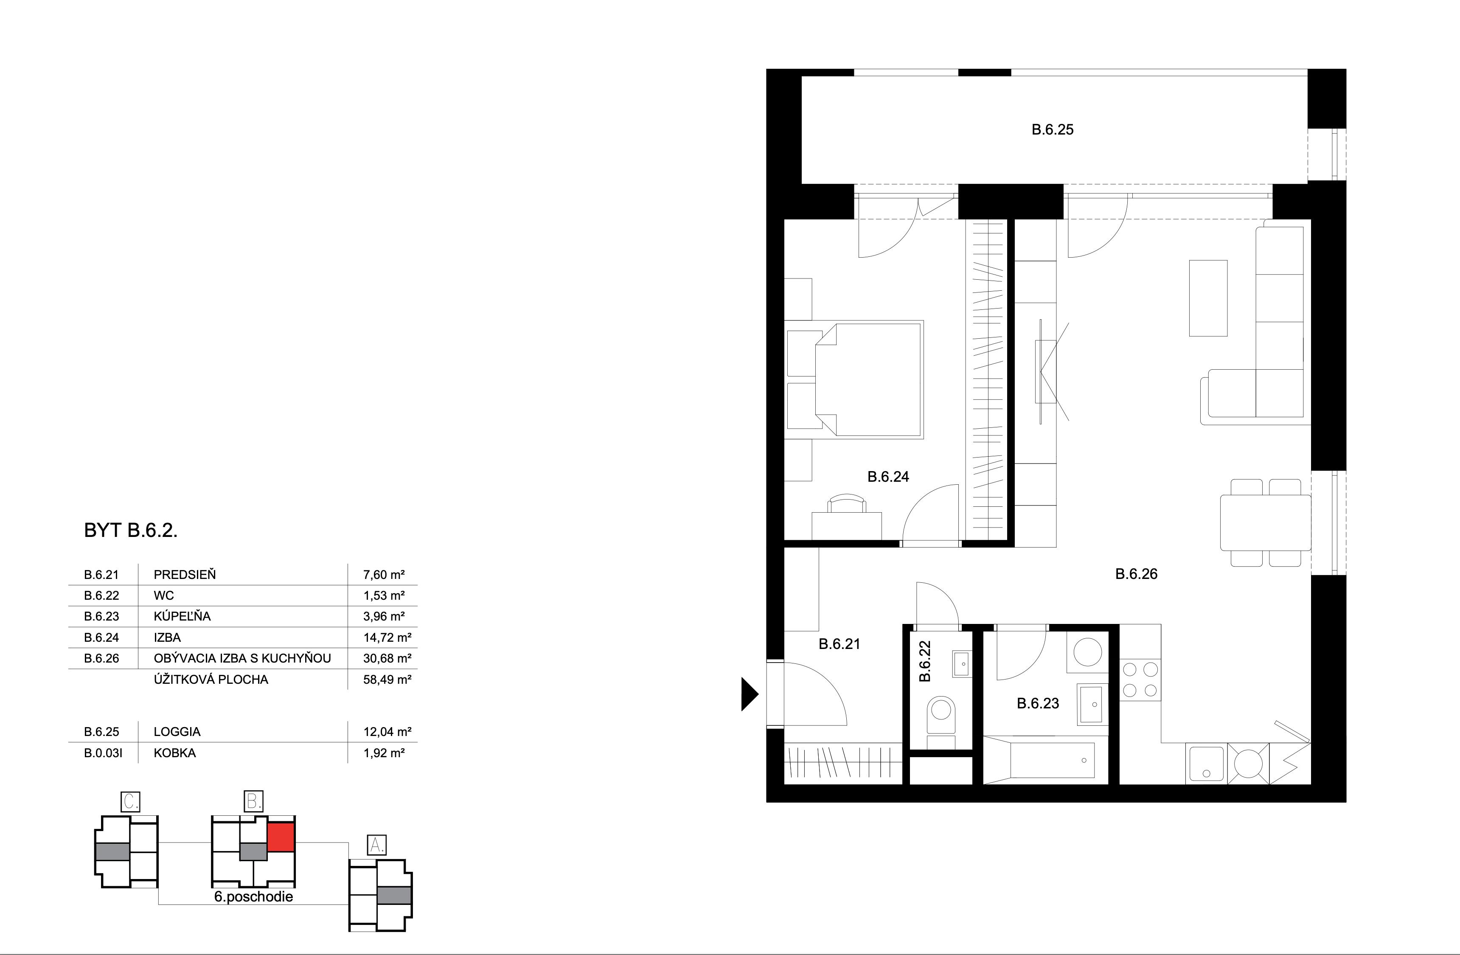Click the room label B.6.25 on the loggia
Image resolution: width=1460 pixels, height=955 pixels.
[1052, 129]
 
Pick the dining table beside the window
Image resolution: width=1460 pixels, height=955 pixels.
[1265, 522]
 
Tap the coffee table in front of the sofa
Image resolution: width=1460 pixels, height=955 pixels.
[1208, 298]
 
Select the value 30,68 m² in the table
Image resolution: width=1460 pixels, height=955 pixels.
[387, 658]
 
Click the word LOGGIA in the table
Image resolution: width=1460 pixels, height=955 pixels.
[177, 731]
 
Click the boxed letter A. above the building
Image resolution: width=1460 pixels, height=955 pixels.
[376, 845]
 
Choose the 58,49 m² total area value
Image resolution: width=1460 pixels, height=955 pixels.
[387, 679]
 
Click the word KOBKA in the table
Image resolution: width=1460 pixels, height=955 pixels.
[174, 753]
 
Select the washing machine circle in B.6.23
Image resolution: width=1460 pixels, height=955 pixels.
[1087, 652]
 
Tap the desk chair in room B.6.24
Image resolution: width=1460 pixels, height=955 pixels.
[847, 504]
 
